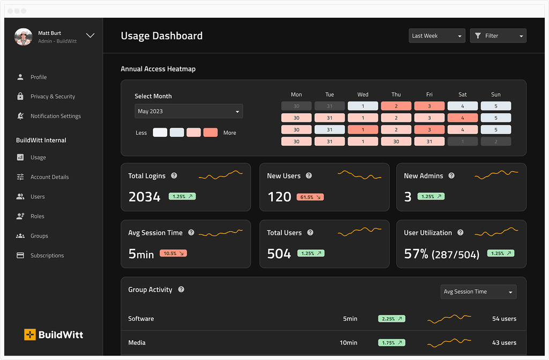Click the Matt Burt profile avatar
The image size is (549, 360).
click(x=24, y=37)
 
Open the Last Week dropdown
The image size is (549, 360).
click(x=436, y=36)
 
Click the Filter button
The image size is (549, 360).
click(x=498, y=36)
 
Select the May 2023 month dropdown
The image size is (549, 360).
click(x=189, y=111)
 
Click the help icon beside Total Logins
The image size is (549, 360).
click(x=174, y=175)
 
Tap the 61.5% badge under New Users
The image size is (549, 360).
click(x=310, y=197)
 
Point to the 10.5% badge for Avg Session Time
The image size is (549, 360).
click(x=173, y=253)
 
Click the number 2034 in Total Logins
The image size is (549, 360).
click(x=144, y=197)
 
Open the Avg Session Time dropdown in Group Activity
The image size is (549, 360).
click(x=478, y=292)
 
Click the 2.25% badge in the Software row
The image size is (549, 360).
click(x=391, y=319)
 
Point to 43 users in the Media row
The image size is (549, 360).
click(x=504, y=342)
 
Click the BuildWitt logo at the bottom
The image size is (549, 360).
click(x=54, y=335)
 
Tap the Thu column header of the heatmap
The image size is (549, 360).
click(x=396, y=94)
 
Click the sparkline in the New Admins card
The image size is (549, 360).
click(x=496, y=174)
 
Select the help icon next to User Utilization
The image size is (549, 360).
click(x=461, y=232)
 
